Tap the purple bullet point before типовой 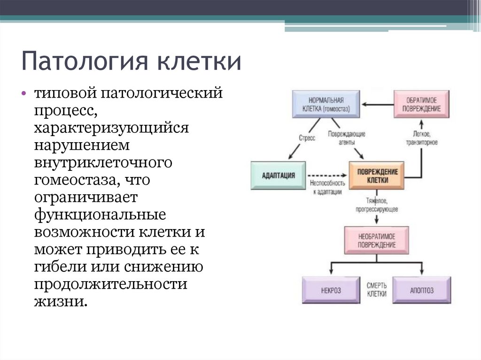pyautogui.click(x=24, y=93)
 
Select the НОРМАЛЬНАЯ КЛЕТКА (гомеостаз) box pyautogui.click(x=326, y=104)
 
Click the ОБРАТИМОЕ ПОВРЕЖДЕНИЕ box pyautogui.click(x=421, y=104)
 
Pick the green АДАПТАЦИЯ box pyautogui.click(x=278, y=176)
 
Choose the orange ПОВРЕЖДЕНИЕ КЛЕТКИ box pyautogui.click(x=377, y=176)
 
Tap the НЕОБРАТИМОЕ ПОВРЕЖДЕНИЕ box pyautogui.click(x=376, y=240)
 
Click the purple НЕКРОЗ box pyautogui.click(x=331, y=290)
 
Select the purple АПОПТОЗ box pyautogui.click(x=422, y=290)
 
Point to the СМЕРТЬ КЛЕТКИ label pyautogui.click(x=376, y=290)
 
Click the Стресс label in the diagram pyautogui.click(x=307, y=138)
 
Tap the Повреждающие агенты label pyautogui.click(x=347, y=138)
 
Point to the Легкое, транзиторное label pyautogui.click(x=422, y=138)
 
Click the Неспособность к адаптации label pyautogui.click(x=327, y=187)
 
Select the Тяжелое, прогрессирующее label pyautogui.click(x=377, y=205)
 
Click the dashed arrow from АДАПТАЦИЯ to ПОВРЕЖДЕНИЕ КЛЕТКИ pyautogui.click(x=327, y=176)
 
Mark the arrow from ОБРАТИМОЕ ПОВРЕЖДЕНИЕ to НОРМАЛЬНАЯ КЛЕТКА pyautogui.click(x=378, y=104)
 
